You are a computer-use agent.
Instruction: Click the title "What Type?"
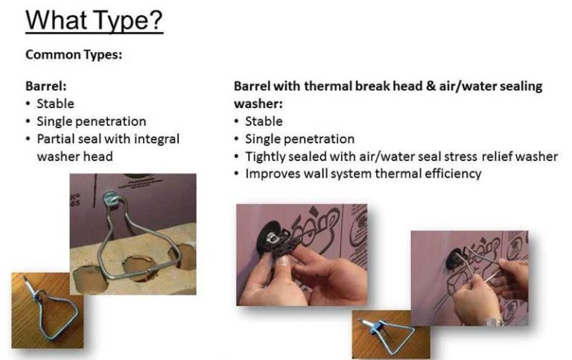pyautogui.click(x=94, y=20)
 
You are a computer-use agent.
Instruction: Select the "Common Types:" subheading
pyautogui.click(x=74, y=54)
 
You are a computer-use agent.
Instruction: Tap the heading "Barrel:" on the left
pyautogui.click(x=46, y=86)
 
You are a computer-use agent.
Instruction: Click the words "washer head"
pyautogui.click(x=74, y=157)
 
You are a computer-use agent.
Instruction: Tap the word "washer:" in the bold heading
pyautogui.click(x=258, y=104)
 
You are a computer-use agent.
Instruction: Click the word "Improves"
pyautogui.click(x=272, y=174)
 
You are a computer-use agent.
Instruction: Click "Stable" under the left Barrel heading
pyautogui.click(x=55, y=104)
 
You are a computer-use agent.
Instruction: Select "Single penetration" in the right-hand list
pyautogui.click(x=299, y=139)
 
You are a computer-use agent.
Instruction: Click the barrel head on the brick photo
pyautogui.click(x=113, y=198)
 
